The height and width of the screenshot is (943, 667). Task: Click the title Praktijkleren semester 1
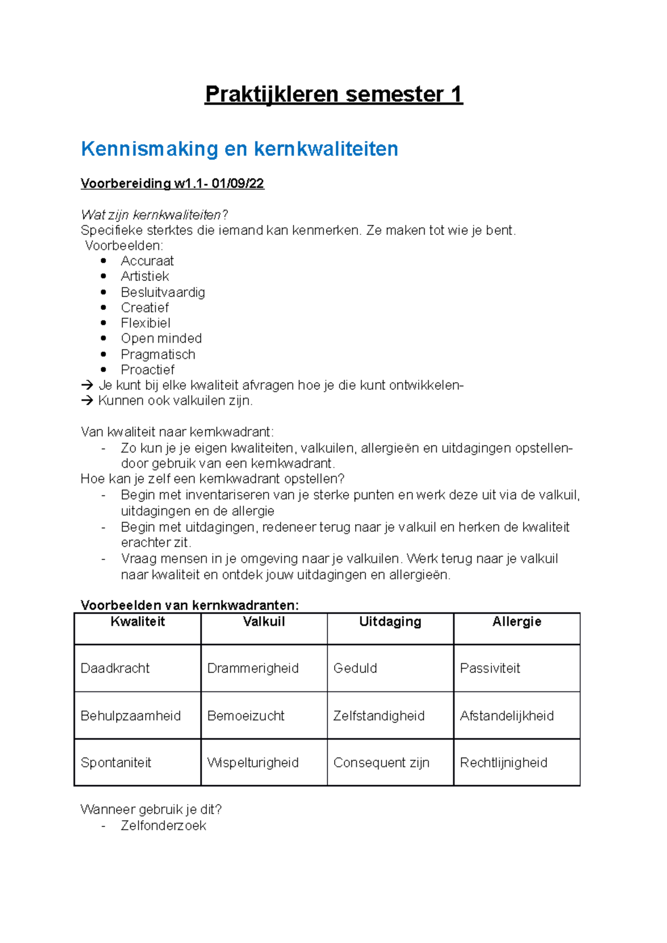coord(333,94)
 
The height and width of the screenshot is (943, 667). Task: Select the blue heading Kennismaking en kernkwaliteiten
coord(240,149)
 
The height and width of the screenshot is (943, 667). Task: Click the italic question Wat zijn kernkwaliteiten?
coord(155,215)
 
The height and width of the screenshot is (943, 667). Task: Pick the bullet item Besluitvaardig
coord(163,292)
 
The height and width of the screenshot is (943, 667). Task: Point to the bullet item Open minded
coord(161,338)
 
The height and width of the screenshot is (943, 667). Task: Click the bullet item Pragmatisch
coord(158,354)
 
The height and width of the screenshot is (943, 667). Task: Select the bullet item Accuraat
coord(147,261)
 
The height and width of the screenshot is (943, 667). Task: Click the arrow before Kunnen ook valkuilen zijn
coord(87,401)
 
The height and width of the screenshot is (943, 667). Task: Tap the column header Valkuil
coord(264,622)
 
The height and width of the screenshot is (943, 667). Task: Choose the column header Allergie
coord(516,622)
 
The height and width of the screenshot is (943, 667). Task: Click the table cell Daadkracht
coord(115,668)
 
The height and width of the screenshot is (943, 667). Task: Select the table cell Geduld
coord(355,668)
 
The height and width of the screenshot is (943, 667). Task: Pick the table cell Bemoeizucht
coord(246,716)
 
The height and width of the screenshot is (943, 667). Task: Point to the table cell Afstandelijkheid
coord(506,716)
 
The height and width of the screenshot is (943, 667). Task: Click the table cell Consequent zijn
coord(381,763)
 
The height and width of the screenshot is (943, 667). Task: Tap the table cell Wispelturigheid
coord(253,763)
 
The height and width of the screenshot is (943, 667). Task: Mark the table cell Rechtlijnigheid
coord(504,763)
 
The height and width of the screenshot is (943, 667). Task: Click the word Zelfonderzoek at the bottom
coord(163,826)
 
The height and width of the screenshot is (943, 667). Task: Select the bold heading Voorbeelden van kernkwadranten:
coord(190,605)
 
